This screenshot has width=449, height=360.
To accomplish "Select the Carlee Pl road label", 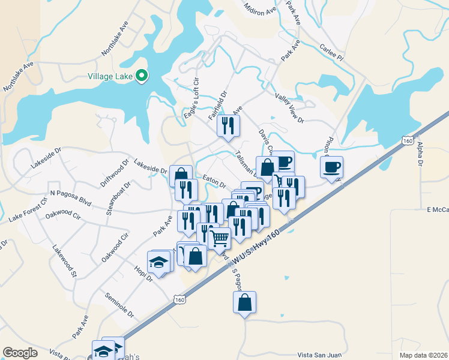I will [331, 51].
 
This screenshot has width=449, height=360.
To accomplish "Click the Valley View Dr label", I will [290, 107].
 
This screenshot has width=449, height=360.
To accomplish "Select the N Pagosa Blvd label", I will [71, 197].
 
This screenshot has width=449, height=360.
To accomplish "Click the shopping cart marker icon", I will [219, 238].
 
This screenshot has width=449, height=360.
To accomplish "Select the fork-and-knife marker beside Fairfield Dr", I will [228, 125].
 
